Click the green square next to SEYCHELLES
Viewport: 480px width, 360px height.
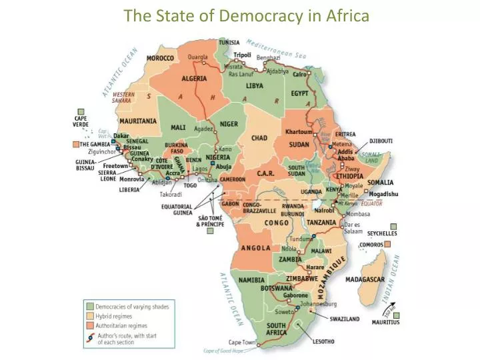pos(393,227)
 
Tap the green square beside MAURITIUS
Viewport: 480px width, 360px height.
pos(396,315)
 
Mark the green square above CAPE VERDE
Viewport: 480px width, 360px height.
pos(81,111)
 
